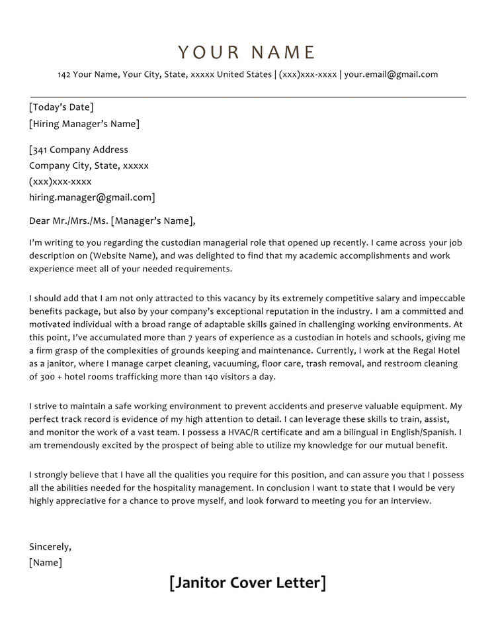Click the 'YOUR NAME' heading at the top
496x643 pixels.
(x=247, y=52)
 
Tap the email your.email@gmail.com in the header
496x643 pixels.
(x=391, y=74)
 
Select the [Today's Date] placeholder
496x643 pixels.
(x=62, y=107)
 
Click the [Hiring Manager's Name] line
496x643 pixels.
(x=84, y=124)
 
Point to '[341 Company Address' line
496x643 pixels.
(x=79, y=150)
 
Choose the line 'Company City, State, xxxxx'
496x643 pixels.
(x=89, y=166)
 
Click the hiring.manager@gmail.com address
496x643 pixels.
(x=91, y=197)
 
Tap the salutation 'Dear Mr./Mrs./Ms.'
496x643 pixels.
(x=68, y=221)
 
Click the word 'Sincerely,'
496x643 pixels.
(x=50, y=547)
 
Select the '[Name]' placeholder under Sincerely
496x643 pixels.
(x=46, y=563)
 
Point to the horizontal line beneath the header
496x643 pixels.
(x=247, y=97)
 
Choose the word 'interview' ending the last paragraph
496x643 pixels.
(x=410, y=501)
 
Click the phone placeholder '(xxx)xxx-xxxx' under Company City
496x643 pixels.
(x=60, y=181)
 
